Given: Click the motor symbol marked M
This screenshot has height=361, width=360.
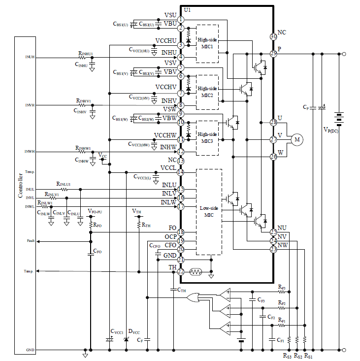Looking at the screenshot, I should [297, 140].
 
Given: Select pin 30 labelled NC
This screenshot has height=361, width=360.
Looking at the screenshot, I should [274, 36].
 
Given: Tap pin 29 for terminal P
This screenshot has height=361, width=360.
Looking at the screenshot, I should [274, 54].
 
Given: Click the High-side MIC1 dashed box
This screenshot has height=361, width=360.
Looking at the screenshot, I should [207, 43].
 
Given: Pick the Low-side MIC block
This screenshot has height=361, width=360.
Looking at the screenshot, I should [209, 212].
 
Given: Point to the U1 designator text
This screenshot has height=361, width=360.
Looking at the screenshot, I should [187, 10].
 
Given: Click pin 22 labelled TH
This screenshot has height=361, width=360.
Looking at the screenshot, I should [181, 271].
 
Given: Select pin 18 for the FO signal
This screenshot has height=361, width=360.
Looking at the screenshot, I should [181, 232].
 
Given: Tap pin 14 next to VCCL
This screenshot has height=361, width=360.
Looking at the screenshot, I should [181, 172].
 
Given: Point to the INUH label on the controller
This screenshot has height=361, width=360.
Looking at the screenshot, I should [30, 58].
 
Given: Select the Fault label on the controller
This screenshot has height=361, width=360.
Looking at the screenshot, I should [31, 241].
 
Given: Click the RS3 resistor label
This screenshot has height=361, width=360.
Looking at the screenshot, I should [287, 355].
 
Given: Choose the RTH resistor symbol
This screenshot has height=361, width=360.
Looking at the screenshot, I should [139, 225].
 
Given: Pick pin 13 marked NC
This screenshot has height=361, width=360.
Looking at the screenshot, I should [181, 161].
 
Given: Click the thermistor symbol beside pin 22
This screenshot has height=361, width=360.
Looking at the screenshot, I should [196, 271].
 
